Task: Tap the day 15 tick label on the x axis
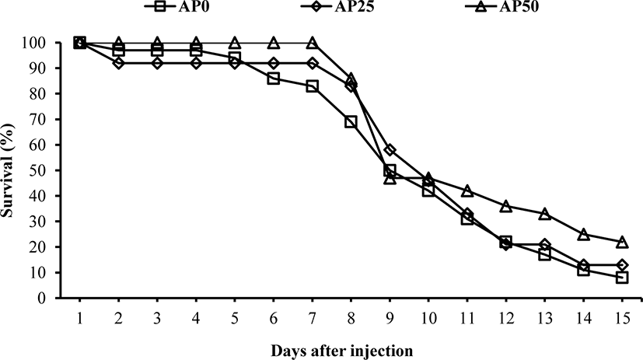(x=622, y=319)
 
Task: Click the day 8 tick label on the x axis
(x=351, y=319)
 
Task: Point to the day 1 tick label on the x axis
(x=79, y=319)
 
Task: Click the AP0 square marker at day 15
(x=622, y=278)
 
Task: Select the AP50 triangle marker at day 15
(x=622, y=242)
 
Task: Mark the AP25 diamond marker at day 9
(x=390, y=149)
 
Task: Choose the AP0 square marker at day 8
(x=351, y=122)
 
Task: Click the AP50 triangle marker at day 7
(x=312, y=42)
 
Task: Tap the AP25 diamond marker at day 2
(x=118, y=63)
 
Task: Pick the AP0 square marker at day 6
(x=273, y=79)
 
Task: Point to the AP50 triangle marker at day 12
(x=505, y=206)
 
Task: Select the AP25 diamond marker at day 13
(x=544, y=245)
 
